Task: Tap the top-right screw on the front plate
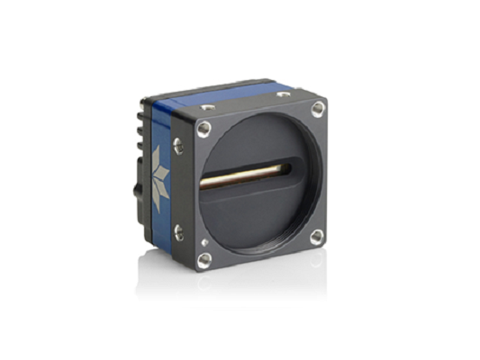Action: [318, 108]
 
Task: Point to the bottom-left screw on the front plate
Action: [204, 259]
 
